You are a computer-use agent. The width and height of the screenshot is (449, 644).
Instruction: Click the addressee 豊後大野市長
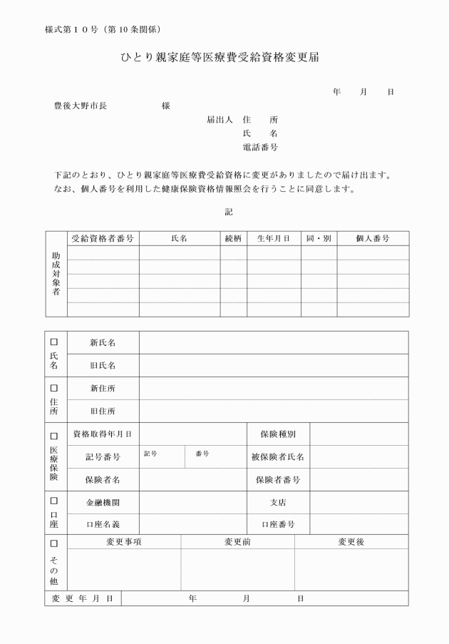pyautogui.click(x=81, y=106)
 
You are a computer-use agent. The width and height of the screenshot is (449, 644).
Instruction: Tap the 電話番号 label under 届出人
pyautogui.click(x=260, y=148)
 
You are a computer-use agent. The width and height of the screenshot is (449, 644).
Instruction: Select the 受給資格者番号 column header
pyautogui.click(x=103, y=238)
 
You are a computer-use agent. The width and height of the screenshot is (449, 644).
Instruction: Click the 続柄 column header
pyautogui.click(x=233, y=238)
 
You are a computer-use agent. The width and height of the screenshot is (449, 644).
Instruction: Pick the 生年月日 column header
pyautogui.click(x=274, y=238)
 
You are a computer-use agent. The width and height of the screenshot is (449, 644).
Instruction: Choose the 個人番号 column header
pyautogui.click(x=372, y=238)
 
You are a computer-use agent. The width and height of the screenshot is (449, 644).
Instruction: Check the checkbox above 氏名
pyautogui.click(x=54, y=342)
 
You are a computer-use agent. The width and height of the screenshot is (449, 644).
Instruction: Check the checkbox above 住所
pyautogui.click(x=54, y=388)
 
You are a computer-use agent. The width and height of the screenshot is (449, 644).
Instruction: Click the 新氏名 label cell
pyautogui.click(x=103, y=342)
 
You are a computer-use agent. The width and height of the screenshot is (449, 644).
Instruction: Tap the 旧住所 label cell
pyautogui.click(x=103, y=411)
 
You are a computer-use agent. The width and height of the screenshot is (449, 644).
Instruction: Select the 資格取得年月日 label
pyautogui.click(x=103, y=434)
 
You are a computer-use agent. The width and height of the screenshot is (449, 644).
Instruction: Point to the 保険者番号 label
pyautogui.click(x=278, y=479)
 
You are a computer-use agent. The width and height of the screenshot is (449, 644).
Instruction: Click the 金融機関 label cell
pyautogui.click(x=103, y=502)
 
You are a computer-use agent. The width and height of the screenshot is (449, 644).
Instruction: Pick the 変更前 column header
pyautogui.click(x=237, y=542)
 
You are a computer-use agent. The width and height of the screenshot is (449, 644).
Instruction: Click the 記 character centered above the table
pyautogui.click(x=228, y=212)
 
